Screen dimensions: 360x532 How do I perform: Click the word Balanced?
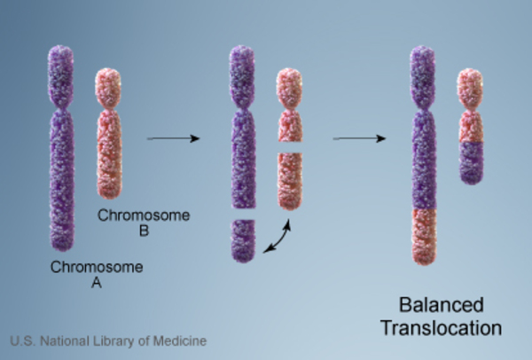[442, 306]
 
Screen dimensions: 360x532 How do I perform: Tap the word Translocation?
[442, 328]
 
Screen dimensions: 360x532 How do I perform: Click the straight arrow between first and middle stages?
[168, 138]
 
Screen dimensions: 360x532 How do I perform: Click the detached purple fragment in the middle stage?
[244, 240]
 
